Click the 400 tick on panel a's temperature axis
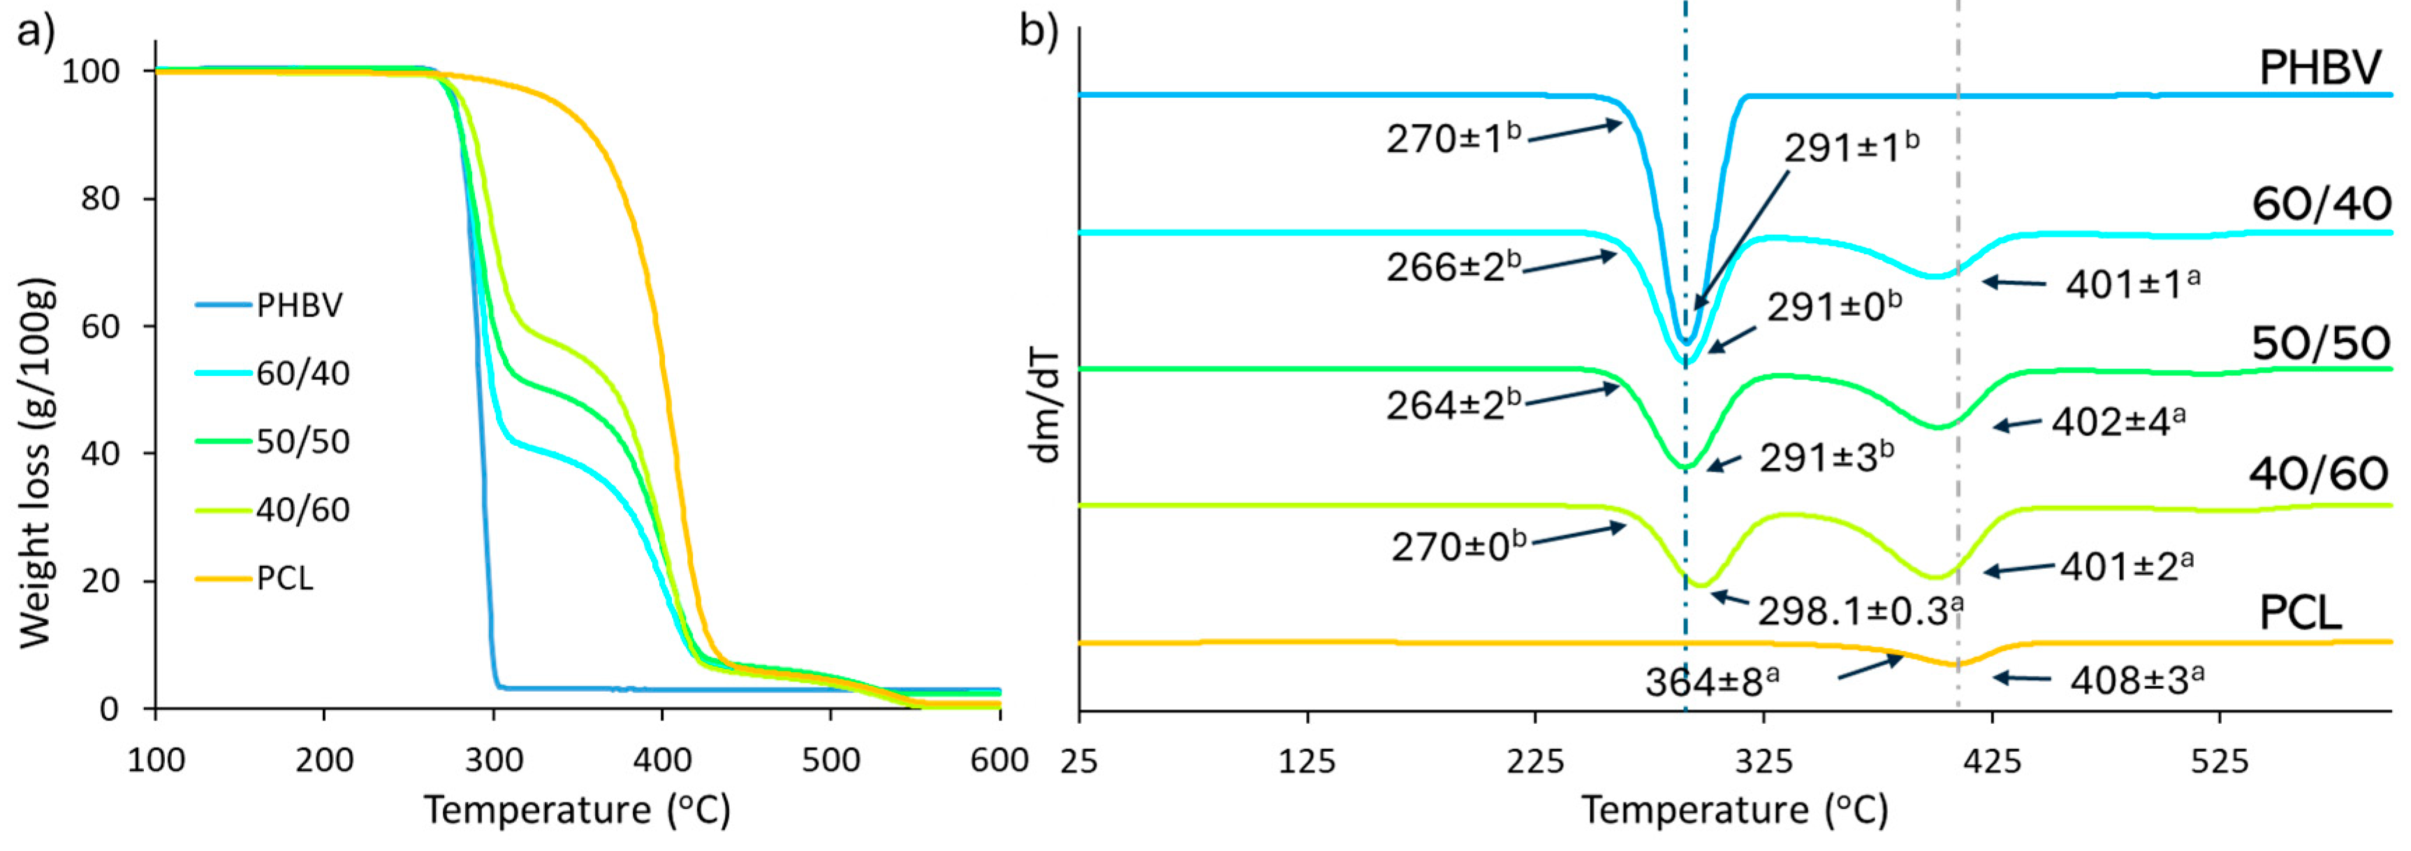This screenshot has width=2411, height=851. (661, 759)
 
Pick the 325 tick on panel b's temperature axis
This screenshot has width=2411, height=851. (1764, 761)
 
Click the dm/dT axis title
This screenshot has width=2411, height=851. (1045, 407)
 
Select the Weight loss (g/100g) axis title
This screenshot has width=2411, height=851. (36, 463)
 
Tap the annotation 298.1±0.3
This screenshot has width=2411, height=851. (1859, 611)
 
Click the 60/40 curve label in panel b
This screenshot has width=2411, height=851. (2320, 204)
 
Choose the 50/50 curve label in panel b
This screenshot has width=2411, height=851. (2320, 344)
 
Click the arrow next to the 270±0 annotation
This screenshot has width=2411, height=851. (1579, 534)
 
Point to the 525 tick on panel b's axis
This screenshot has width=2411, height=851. (2219, 761)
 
